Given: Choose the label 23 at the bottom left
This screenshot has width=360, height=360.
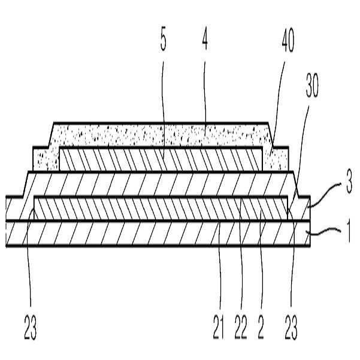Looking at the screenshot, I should pos(29,328).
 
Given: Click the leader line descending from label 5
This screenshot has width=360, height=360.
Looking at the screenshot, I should pos(164,108).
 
